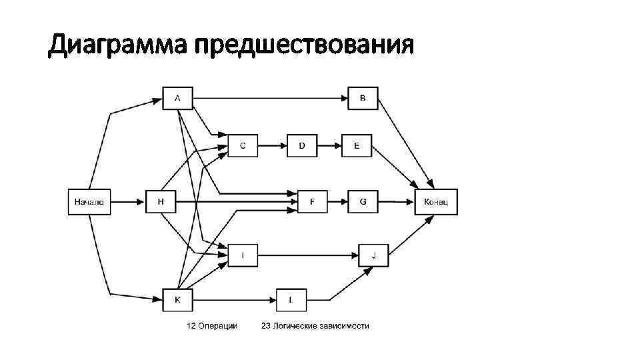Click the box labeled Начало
89,201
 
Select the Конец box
436,201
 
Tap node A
177,99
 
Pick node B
363,99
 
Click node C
243,145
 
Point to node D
302,145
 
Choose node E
357,145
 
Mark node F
313,201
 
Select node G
363,201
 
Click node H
161,201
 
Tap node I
243,255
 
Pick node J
374,255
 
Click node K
177,300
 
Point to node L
291,300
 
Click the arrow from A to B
270,99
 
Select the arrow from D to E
329,145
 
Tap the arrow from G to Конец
396,201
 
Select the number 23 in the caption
265,326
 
